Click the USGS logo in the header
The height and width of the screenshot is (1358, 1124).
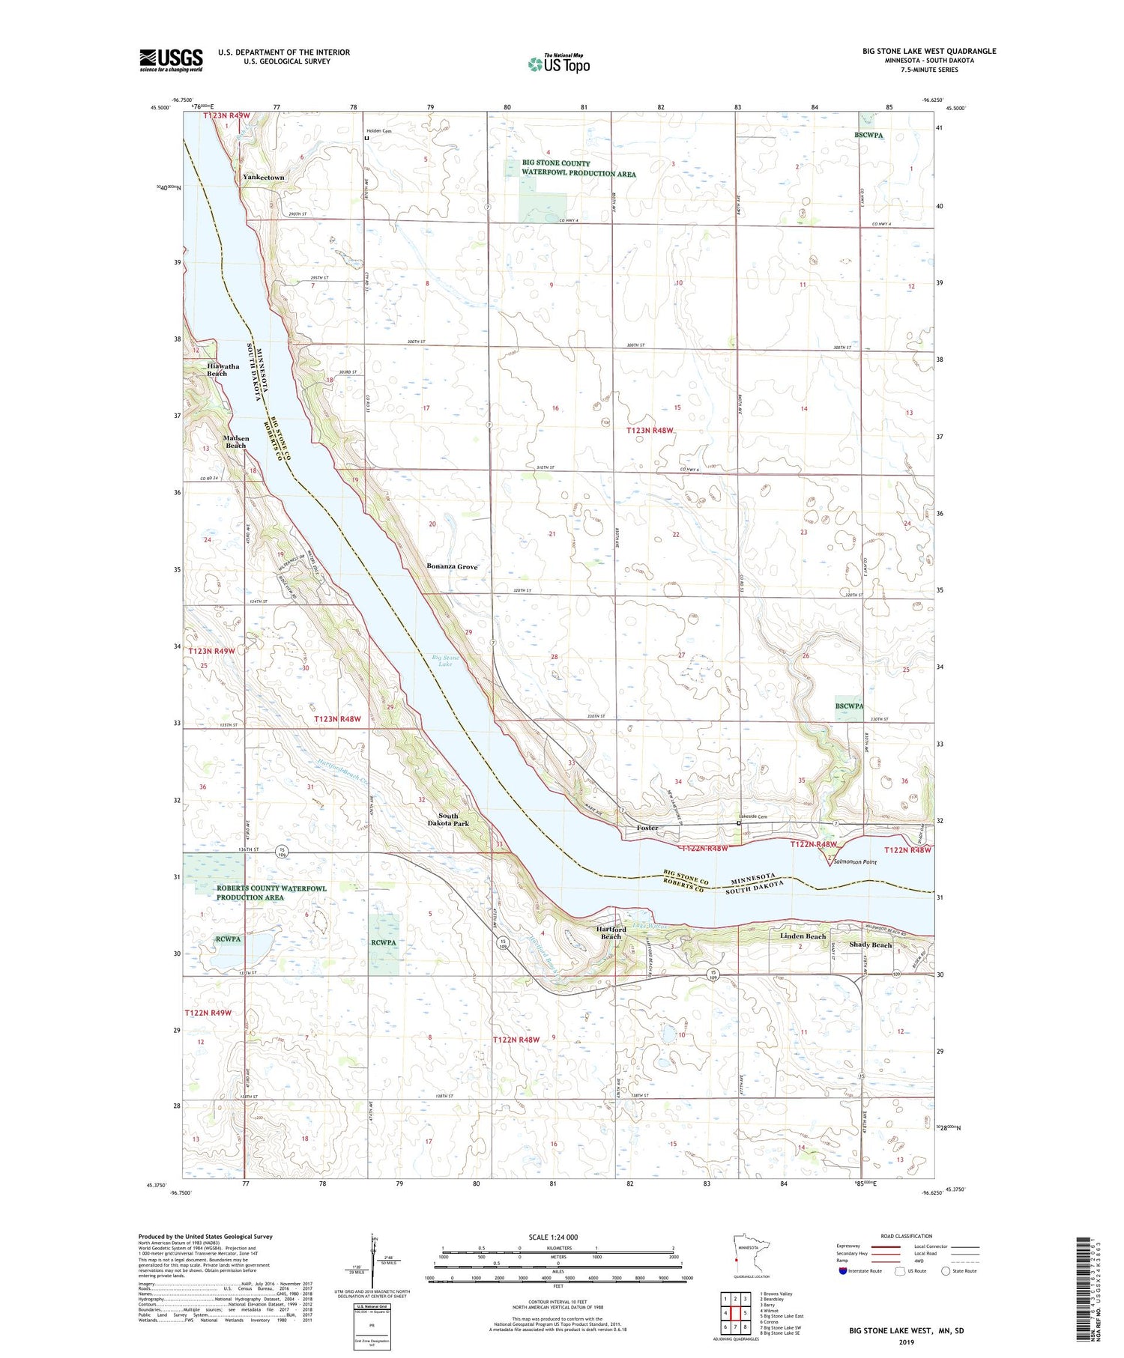(x=171, y=60)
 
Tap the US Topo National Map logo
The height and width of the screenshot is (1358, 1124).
(x=558, y=64)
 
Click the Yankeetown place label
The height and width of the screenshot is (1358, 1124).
(x=263, y=178)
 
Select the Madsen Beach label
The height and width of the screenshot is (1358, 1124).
(x=235, y=442)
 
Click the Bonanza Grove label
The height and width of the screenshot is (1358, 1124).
(x=452, y=567)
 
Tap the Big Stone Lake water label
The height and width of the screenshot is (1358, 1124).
(x=445, y=661)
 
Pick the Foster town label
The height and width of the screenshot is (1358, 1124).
(x=647, y=828)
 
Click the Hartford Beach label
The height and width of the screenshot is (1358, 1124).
(x=611, y=933)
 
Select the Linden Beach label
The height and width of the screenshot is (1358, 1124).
(x=803, y=936)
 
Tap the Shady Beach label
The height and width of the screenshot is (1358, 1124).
(x=870, y=945)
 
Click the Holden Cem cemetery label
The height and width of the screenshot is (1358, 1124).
(x=378, y=131)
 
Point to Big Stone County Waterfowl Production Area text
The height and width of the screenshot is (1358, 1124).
(x=578, y=169)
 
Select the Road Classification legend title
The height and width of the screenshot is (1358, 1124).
(x=907, y=1236)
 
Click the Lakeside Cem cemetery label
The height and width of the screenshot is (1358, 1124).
(x=752, y=816)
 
